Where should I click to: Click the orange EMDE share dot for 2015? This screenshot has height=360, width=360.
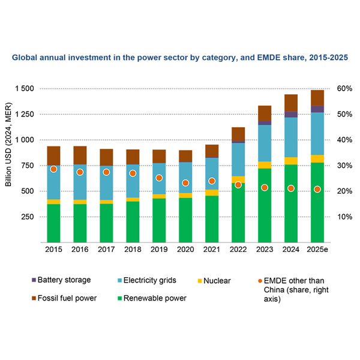pyautogui.click(x=53, y=169)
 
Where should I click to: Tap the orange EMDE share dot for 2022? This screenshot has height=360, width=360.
pyautogui.click(x=238, y=185)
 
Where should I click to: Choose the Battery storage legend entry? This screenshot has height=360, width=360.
pyautogui.click(x=64, y=280)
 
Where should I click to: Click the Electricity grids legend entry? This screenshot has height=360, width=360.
pyautogui.click(x=146, y=280)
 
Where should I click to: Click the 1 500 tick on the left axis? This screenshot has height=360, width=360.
pyautogui.click(x=24, y=89)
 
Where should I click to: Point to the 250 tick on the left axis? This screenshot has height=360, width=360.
pyautogui.click(x=28, y=217)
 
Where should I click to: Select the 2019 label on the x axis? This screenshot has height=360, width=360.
pyautogui.click(x=159, y=247)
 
